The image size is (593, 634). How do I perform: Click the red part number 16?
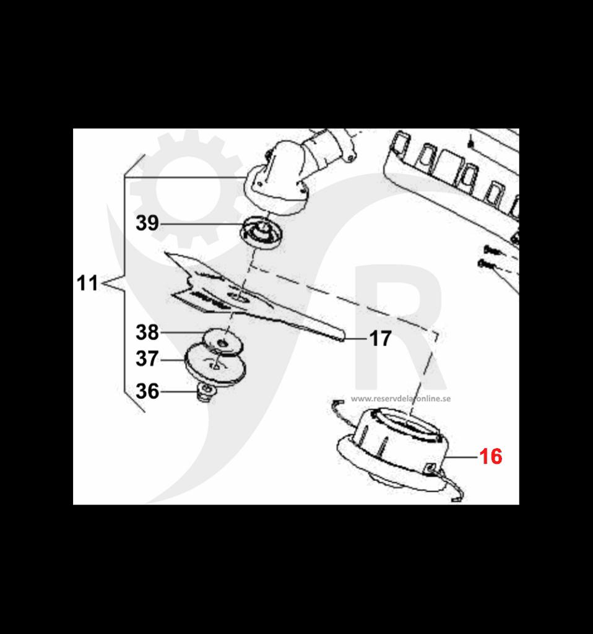click(x=490, y=457)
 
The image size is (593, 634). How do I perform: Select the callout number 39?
click(x=147, y=223)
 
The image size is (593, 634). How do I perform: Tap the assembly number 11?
click(x=88, y=283)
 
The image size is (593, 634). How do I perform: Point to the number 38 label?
click(x=147, y=332)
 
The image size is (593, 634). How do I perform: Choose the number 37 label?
click(x=147, y=359)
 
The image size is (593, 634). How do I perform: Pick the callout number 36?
click(x=147, y=391)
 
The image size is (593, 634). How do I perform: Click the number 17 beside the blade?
click(x=380, y=339)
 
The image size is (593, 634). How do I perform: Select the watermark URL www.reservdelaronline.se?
click(x=400, y=399)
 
